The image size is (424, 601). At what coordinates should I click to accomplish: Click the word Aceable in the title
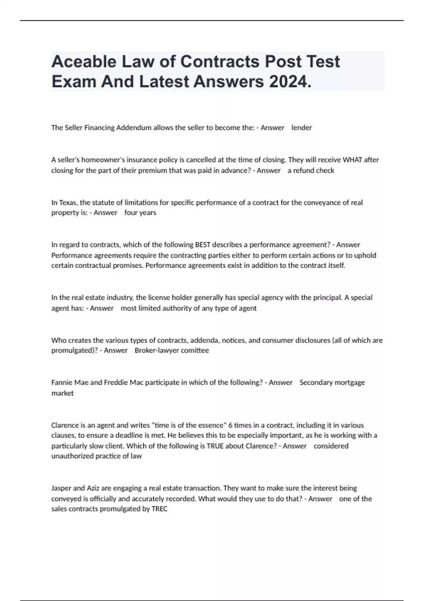[x=84, y=62]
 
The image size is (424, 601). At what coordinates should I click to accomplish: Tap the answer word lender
[x=301, y=128]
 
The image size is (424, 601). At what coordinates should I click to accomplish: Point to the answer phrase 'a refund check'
[x=311, y=170]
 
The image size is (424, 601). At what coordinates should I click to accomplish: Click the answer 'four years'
[x=140, y=213]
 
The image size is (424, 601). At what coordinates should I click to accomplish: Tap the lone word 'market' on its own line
[x=63, y=393]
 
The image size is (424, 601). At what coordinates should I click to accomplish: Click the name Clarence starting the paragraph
[x=65, y=425]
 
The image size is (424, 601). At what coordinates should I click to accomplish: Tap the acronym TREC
[x=159, y=509]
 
